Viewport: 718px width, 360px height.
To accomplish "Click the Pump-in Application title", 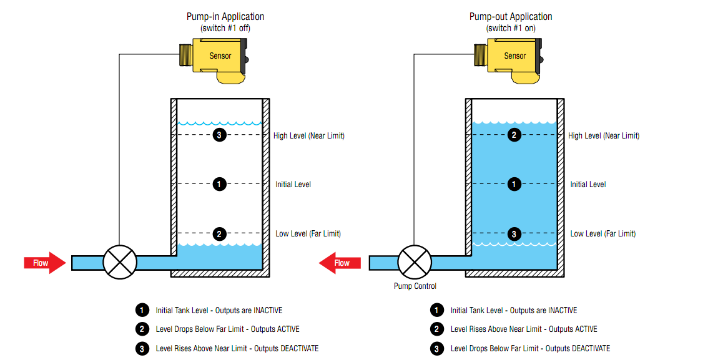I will point(225,17).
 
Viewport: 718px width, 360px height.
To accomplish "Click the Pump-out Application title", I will point(511,17).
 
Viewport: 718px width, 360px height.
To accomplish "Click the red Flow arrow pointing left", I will point(340,263).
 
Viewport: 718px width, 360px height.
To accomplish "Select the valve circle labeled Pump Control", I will point(415,262).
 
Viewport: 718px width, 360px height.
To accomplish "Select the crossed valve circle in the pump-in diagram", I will point(120,262).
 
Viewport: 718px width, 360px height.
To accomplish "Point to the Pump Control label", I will point(415,286).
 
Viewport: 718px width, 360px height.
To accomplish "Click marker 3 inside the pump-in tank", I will point(219,135).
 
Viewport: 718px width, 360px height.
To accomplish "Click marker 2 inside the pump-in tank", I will point(219,234).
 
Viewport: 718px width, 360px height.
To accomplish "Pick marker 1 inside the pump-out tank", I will point(514,184).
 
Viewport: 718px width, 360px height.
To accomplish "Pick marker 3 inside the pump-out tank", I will point(514,234).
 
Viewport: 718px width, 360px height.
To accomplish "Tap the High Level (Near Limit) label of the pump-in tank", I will point(309,135).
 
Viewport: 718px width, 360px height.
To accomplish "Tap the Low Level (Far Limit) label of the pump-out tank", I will point(602,234).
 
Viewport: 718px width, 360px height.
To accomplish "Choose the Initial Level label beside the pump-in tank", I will point(293,185).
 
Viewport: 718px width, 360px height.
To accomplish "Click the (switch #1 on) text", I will point(511,29).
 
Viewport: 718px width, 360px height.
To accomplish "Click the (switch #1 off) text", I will point(225,29).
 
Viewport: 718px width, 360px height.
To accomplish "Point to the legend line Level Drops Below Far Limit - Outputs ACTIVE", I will point(227,329).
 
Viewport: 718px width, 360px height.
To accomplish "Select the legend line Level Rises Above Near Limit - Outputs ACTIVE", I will point(524,329).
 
